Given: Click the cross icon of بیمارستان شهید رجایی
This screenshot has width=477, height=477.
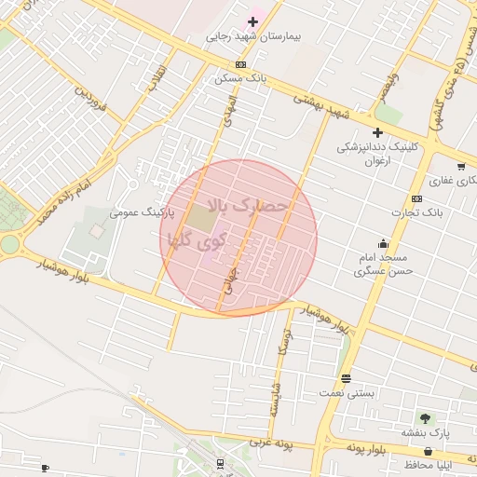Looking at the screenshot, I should pos(252,21).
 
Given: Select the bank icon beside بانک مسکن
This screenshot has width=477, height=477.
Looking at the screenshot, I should pos(241,64).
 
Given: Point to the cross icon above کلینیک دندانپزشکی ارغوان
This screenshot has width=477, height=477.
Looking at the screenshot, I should pos(377,132).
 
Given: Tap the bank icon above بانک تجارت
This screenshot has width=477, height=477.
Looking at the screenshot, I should pos(416,198).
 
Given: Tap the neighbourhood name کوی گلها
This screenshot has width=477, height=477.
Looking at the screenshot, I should pos(195,239).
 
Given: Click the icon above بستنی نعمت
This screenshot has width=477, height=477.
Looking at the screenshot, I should pos(347,378).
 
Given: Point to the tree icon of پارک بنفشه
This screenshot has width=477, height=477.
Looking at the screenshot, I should pos(426,418).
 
